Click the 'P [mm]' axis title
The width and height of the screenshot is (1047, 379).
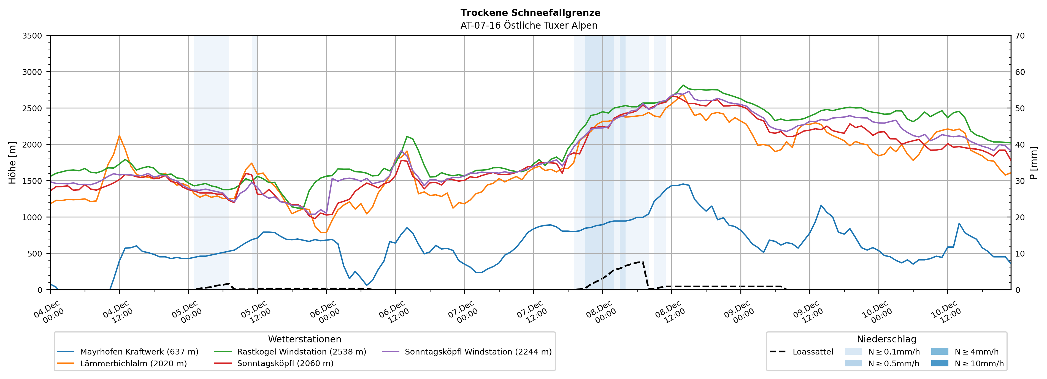pyautogui.click(x=1034, y=162)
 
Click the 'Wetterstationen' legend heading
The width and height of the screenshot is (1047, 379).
pyautogui.click(x=304, y=339)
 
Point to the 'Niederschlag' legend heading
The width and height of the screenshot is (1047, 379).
pyautogui.click(x=886, y=339)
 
